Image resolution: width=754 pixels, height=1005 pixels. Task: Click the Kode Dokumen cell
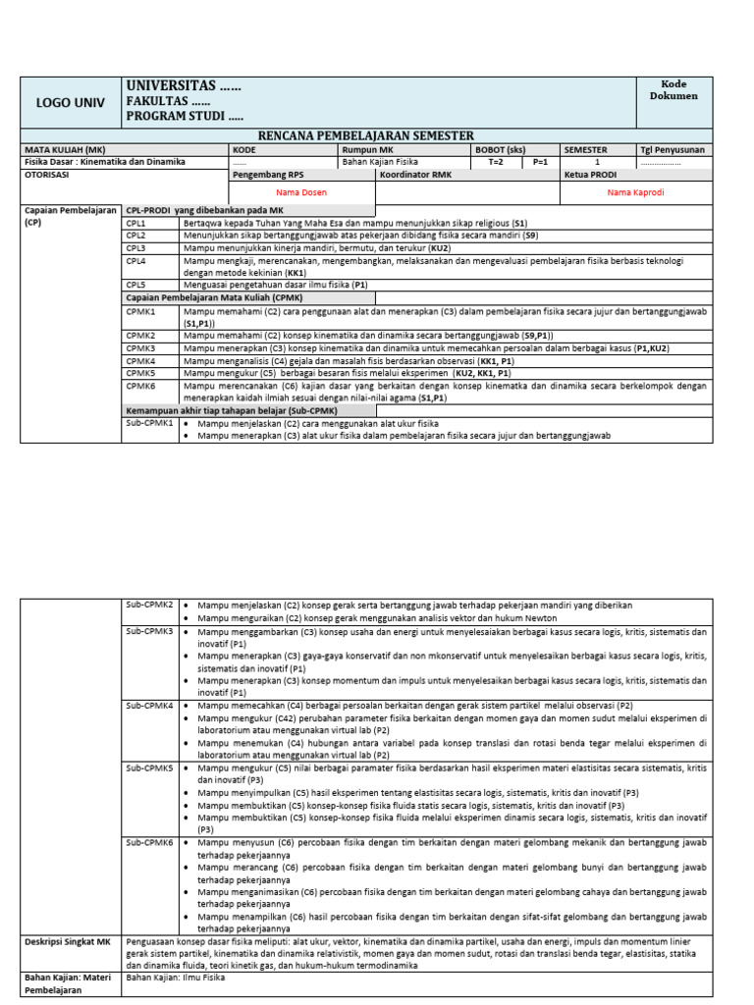[673, 90]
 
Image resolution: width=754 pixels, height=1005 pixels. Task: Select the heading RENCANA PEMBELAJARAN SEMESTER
[365, 135]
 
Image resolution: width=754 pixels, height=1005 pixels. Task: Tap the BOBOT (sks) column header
[501, 150]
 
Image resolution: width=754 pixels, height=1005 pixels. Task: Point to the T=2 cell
[495, 162]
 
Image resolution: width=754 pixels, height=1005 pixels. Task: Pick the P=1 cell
[540, 162]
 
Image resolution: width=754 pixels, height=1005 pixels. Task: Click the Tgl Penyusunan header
[673, 150]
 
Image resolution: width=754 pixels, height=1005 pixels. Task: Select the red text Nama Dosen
[299, 193]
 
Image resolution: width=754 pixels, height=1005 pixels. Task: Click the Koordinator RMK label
[415, 174]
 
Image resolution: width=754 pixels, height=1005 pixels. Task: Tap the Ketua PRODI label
[589, 174]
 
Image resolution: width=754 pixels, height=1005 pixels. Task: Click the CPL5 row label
[135, 284]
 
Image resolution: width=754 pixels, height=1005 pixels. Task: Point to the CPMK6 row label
[140, 387]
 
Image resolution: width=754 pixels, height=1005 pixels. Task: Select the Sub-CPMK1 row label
[149, 423]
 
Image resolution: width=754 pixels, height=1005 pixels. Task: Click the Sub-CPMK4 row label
[149, 706]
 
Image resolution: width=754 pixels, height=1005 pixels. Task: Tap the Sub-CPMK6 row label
[149, 843]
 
